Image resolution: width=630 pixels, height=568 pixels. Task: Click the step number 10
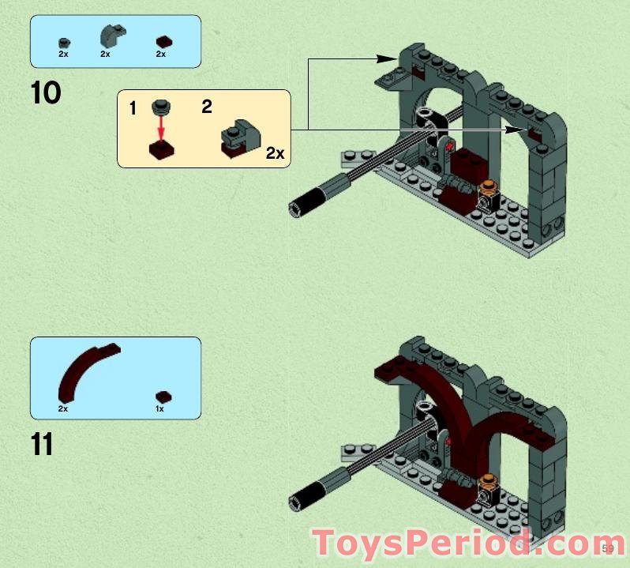point(46,92)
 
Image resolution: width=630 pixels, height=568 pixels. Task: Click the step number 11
point(42,444)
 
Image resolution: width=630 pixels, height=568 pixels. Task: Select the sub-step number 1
point(133,108)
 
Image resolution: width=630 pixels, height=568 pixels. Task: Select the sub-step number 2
point(206,106)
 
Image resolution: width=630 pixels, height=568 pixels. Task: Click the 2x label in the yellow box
point(275,153)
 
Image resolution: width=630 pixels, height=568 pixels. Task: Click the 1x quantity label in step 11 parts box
point(159,409)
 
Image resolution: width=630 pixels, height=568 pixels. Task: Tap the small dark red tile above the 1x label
point(163,397)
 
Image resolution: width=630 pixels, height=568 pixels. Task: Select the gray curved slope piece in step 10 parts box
point(111,36)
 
